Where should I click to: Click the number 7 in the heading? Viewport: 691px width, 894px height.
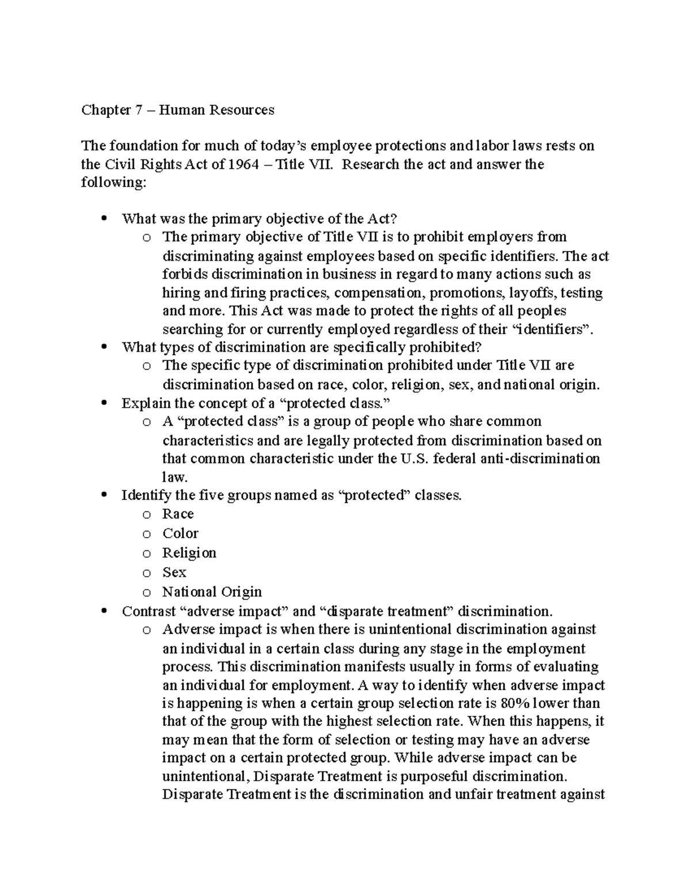point(138,110)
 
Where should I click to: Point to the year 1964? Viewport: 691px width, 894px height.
point(244,165)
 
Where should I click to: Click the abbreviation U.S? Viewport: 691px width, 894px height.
point(413,459)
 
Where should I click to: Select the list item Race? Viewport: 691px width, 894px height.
point(178,514)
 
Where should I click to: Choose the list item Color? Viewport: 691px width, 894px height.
point(180,534)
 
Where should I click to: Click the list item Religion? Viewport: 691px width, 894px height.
point(189,553)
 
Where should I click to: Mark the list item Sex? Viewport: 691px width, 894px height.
point(174,573)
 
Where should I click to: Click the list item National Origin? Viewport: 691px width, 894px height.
point(212,592)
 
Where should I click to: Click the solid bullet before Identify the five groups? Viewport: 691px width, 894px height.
point(104,495)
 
